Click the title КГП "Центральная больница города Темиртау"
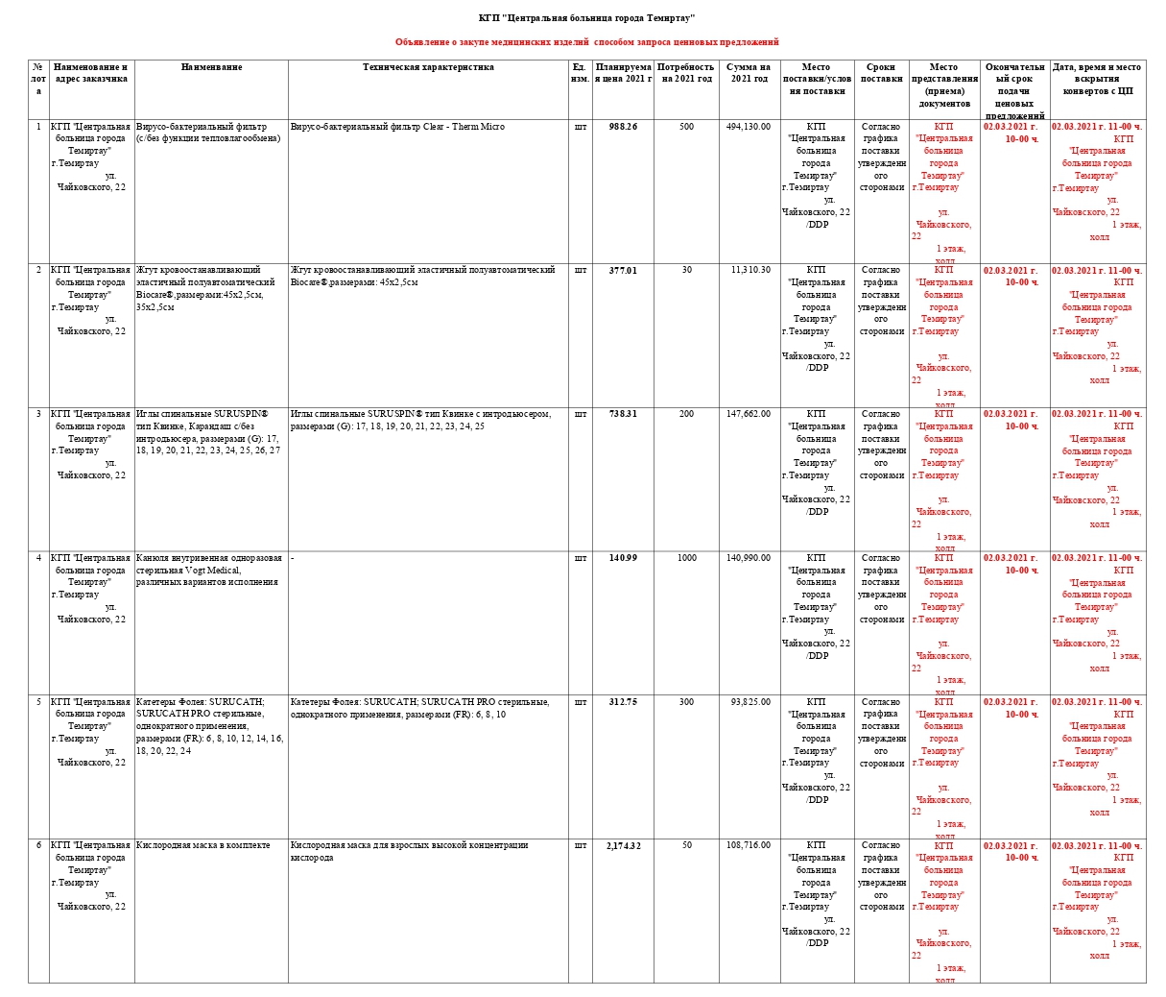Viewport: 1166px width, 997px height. click(586, 18)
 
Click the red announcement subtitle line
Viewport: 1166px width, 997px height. click(586, 42)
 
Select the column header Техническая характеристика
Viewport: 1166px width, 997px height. click(428, 68)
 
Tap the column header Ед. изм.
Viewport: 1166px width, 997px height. click(580, 73)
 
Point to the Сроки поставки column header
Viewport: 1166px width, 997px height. click(881, 73)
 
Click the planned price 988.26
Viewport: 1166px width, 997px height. click(623, 127)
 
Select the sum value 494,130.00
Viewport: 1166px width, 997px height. click(748, 127)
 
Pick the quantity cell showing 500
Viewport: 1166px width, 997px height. click(686, 127)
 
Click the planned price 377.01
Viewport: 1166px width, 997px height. click(623, 271)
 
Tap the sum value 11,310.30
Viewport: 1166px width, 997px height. click(750, 271)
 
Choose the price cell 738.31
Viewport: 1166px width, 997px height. click(623, 414)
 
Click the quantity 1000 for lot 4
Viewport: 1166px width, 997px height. click(686, 558)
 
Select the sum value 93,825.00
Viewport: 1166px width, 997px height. click(750, 702)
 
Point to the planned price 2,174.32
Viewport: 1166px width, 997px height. click(623, 846)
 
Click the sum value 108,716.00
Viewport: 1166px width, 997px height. click(748, 846)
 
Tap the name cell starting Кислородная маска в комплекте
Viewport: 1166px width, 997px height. click(203, 846)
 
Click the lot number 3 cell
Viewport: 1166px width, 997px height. click(38, 414)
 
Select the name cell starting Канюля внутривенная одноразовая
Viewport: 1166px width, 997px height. click(208, 570)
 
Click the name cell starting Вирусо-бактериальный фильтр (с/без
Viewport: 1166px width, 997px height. click(209, 133)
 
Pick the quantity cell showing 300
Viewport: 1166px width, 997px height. click(686, 702)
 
